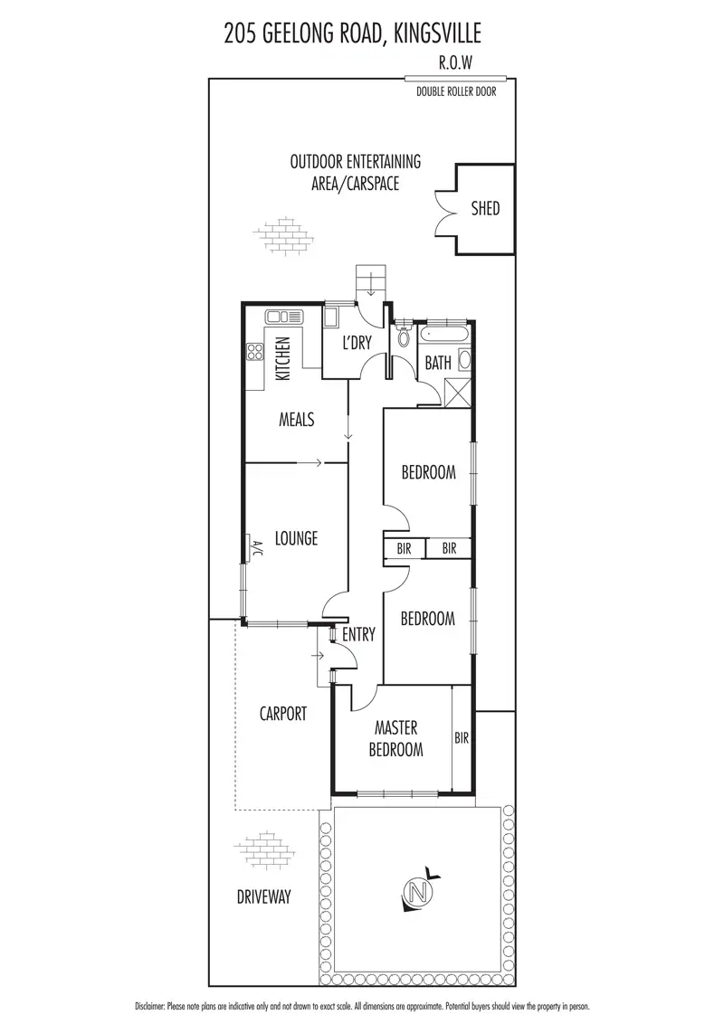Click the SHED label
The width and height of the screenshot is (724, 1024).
(485, 209)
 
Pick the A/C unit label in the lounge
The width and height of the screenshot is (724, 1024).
(256, 549)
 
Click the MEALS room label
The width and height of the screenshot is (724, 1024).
(296, 420)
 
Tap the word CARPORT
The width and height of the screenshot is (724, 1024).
(283, 714)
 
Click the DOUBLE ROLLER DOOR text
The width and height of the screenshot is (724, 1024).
(456, 91)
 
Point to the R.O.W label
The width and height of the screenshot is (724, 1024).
(454, 63)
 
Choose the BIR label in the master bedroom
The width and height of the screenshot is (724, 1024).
(462, 738)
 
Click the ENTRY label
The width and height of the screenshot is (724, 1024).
(358, 635)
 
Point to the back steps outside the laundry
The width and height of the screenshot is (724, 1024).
(372, 280)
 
